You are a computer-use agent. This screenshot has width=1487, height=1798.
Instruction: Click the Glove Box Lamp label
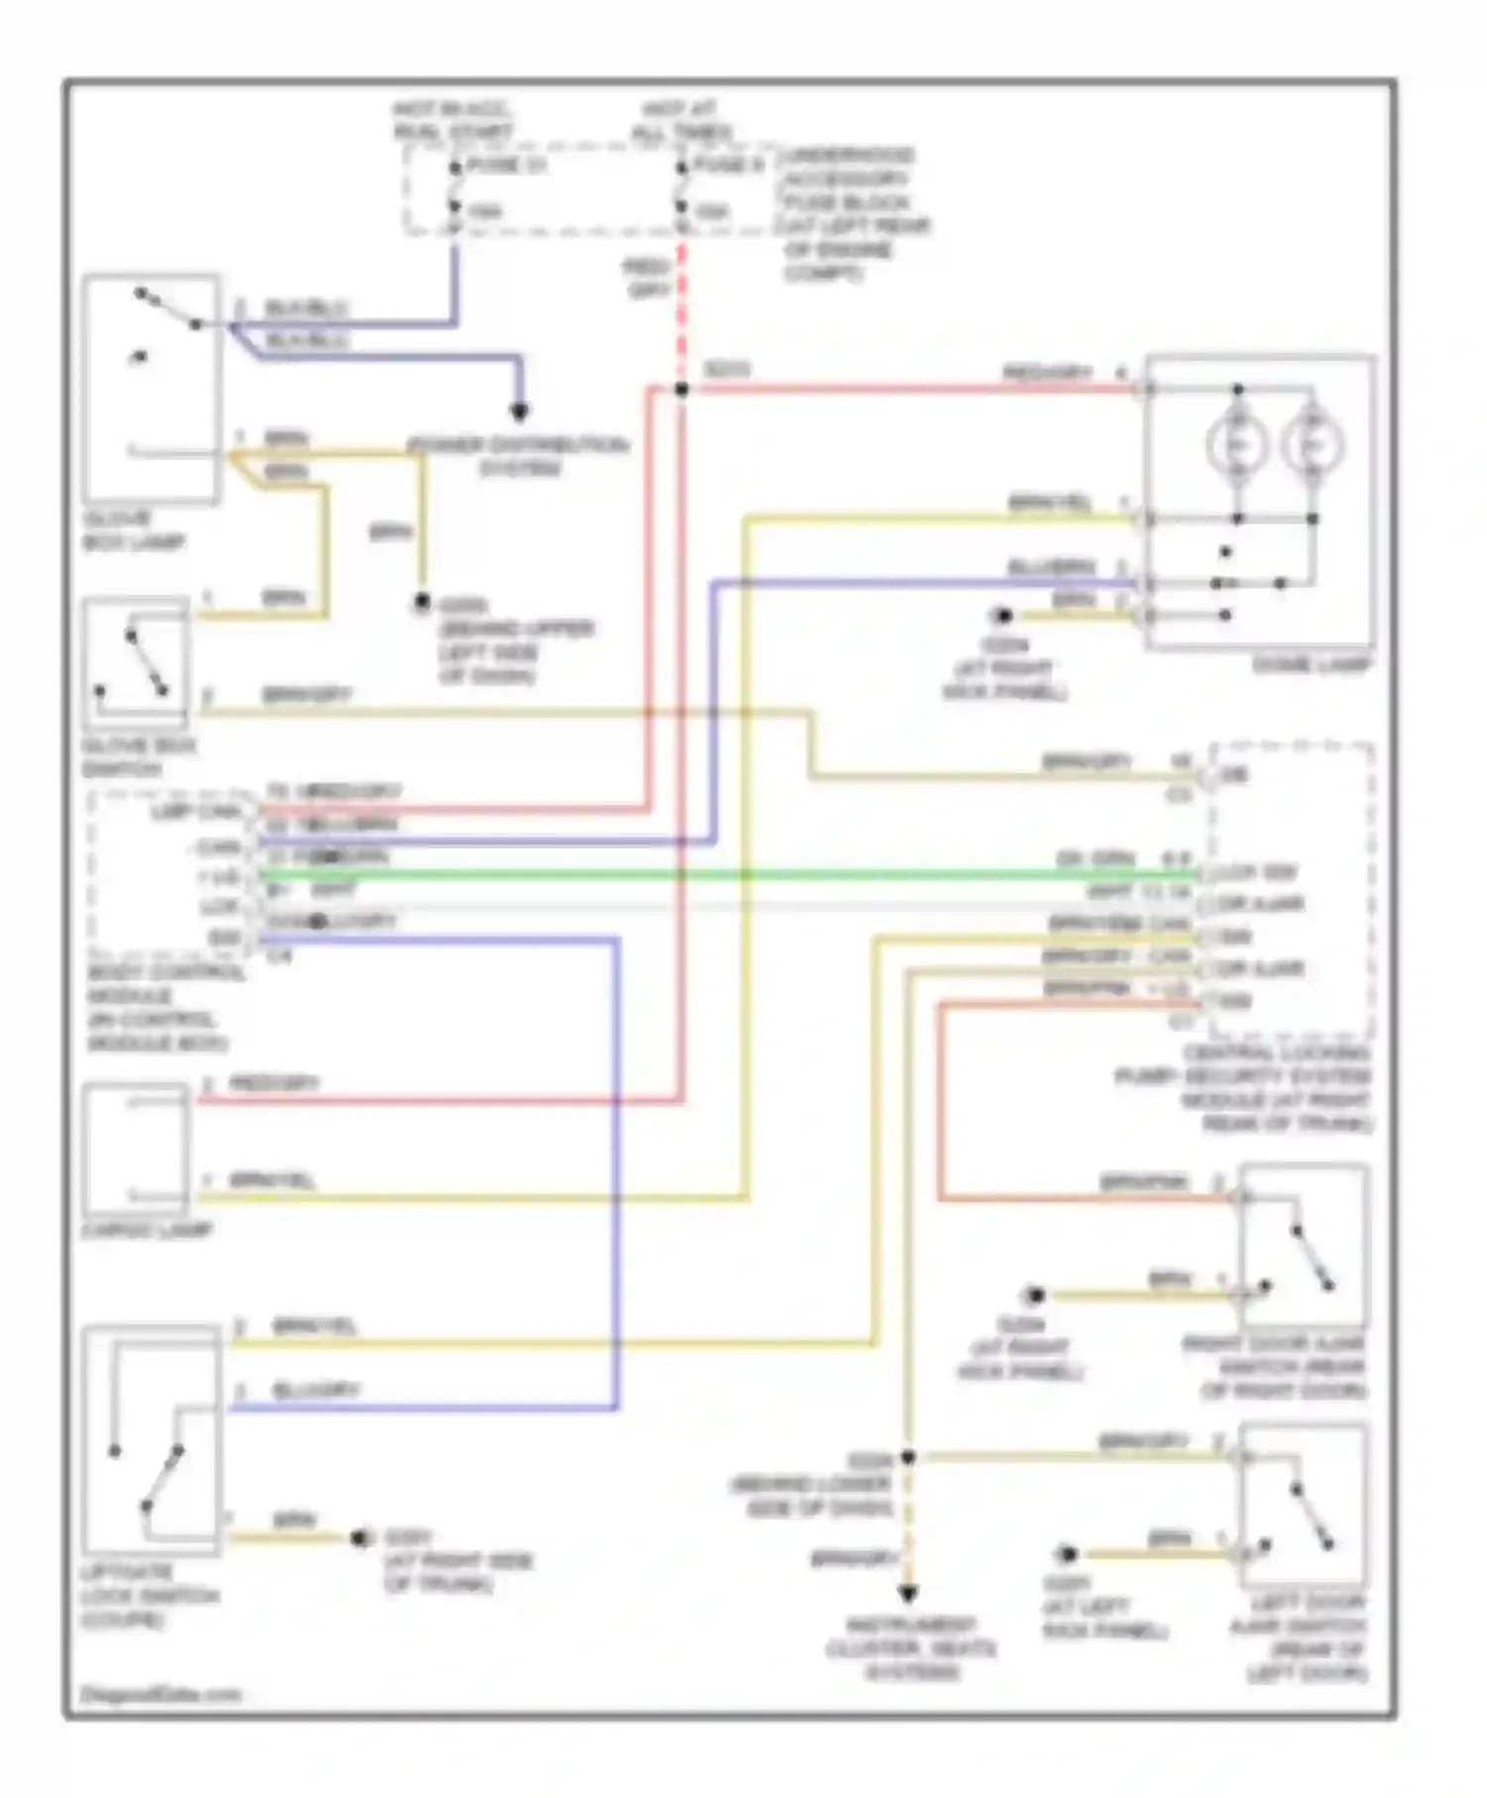click(133, 530)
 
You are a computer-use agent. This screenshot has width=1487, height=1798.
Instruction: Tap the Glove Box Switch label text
click(138, 757)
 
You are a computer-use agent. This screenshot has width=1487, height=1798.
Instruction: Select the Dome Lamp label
click(1312, 665)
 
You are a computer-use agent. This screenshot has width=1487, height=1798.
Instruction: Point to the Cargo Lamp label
click(148, 1230)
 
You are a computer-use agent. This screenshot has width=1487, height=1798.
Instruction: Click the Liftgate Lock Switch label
click(150, 1596)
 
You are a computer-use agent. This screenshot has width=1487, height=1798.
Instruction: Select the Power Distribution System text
click(519, 456)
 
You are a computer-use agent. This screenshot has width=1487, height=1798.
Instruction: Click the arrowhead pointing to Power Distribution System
click(518, 411)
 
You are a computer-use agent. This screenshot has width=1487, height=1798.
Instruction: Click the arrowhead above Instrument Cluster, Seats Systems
click(908, 1594)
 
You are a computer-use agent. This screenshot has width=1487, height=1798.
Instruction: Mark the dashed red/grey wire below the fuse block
click(682, 297)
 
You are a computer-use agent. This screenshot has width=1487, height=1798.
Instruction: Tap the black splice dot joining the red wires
click(682, 390)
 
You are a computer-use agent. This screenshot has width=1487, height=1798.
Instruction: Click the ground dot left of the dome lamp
click(1002, 617)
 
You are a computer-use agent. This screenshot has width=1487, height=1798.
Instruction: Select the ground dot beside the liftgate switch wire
click(361, 1538)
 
